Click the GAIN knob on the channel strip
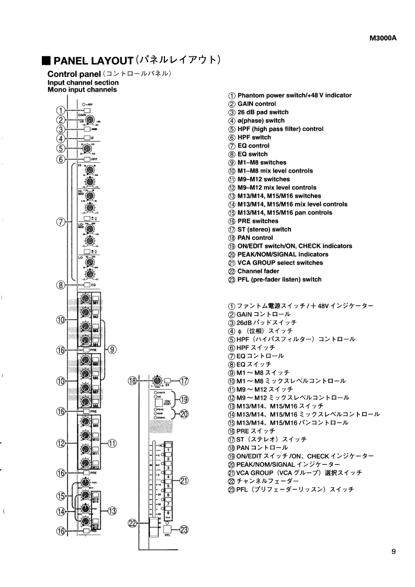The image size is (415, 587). (89, 121)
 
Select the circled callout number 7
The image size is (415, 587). (61, 222)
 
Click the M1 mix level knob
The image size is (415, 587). (84, 300)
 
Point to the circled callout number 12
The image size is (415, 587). (61, 444)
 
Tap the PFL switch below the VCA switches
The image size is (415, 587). (167, 529)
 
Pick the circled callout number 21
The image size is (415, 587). (184, 481)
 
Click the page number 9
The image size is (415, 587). (393, 550)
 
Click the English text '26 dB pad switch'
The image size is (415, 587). (263, 112)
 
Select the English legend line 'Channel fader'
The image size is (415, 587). (258, 271)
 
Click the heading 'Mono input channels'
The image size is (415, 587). (82, 89)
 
